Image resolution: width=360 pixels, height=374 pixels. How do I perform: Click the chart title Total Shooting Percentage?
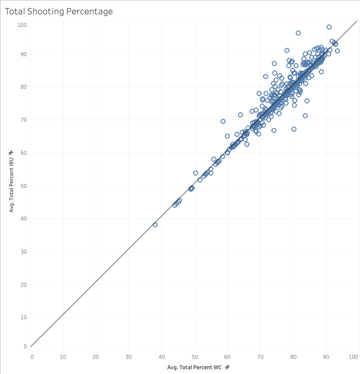(x=59, y=12)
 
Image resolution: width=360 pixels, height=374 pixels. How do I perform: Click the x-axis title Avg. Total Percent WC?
(x=194, y=367)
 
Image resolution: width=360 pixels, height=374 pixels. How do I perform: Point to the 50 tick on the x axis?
(x=195, y=357)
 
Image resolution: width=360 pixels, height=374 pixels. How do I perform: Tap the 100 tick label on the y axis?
(x=22, y=25)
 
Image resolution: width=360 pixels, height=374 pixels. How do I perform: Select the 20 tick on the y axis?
(x=24, y=284)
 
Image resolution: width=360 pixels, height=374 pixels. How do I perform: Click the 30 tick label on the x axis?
(x=129, y=357)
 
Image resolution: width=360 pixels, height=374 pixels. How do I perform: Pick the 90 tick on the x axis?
(x=327, y=357)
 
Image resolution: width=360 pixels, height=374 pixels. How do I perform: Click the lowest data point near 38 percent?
(x=155, y=225)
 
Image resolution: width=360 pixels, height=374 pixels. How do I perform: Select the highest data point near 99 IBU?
(x=329, y=27)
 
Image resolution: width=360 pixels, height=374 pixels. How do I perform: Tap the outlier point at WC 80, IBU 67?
(x=294, y=129)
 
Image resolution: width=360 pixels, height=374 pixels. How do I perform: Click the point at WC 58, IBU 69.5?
(x=223, y=121)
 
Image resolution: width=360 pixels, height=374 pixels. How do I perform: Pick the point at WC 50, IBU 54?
(x=196, y=173)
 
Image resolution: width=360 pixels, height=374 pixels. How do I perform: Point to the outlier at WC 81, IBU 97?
(x=298, y=33)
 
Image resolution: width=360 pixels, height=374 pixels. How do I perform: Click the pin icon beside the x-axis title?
(x=227, y=367)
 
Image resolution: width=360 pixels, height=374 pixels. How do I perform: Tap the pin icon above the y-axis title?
(x=11, y=153)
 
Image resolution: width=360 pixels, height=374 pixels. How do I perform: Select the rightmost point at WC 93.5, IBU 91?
(x=337, y=51)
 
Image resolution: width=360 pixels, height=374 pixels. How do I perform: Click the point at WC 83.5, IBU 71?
(x=305, y=116)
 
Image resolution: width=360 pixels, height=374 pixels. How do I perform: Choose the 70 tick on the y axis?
(x=24, y=120)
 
